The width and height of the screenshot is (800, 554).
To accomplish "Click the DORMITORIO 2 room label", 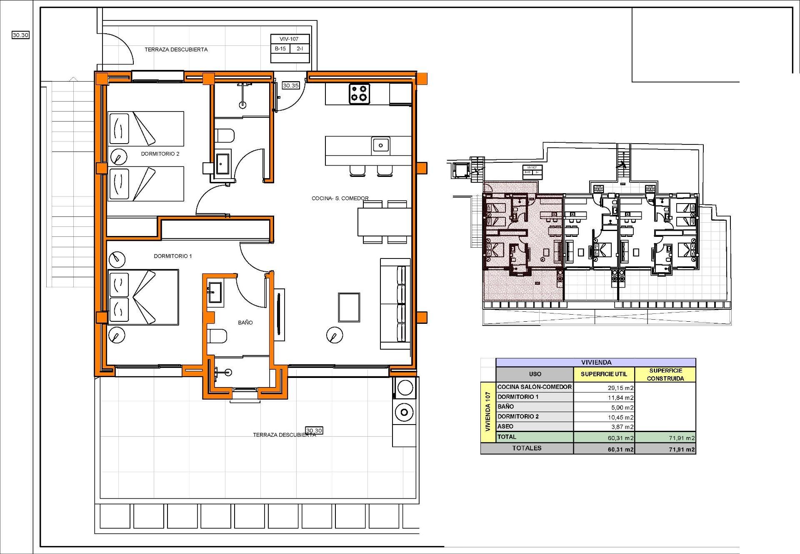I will coord(160,154).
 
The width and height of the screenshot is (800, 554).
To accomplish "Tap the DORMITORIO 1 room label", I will coord(173,256).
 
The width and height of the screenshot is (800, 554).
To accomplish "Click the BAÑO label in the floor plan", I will coord(245,322).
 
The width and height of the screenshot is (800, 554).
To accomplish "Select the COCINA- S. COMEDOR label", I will coord(340,198).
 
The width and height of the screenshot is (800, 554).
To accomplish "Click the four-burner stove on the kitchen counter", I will coord(359,93).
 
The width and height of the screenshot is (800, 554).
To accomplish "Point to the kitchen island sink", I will coord(380,145).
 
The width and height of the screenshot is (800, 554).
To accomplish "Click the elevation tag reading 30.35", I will coord(291,85).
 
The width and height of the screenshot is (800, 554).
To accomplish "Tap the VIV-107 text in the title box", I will coord(289,39).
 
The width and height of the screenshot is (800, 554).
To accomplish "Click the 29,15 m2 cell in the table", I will coord(621,388).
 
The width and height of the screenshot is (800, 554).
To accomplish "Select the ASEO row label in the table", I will coord(505,426).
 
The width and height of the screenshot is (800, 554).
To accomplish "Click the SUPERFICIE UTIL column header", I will coord(604,374).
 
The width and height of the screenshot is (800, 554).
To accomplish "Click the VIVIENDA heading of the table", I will coord(596,362).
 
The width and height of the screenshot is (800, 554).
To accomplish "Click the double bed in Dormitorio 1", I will coord(143,297).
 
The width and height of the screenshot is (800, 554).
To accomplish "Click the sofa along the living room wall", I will coord(395,304).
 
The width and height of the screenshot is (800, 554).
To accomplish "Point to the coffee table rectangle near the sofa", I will coord(349,307).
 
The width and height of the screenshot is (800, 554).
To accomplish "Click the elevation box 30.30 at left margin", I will coord(20,35).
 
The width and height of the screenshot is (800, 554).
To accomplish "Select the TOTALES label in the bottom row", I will coord(527,448).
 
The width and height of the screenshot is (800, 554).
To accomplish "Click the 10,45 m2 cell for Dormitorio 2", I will coord(621,417).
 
